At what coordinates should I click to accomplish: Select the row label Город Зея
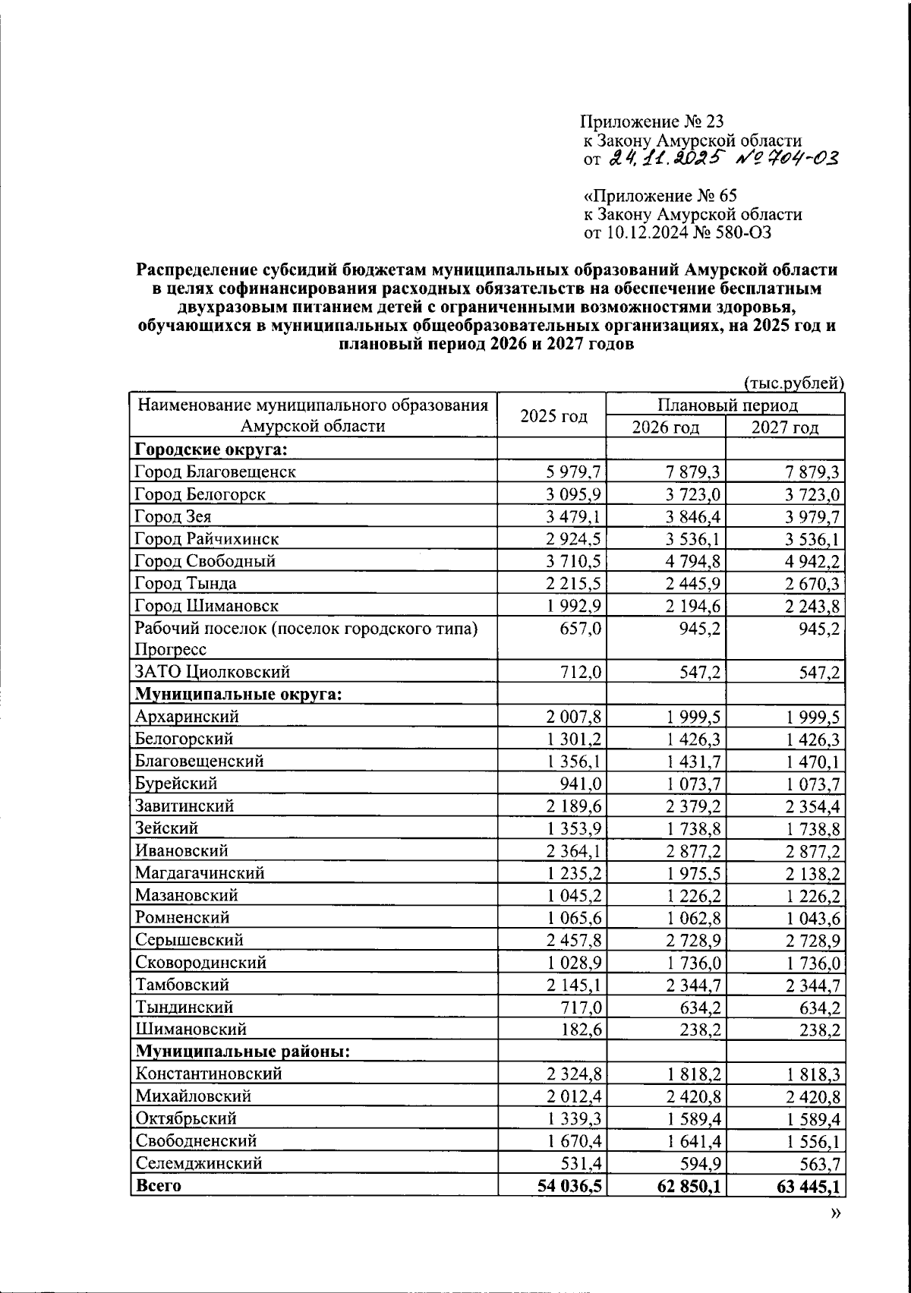pyautogui.click(x=172, y=517)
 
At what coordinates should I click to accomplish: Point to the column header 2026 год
pyautogui.click(x=665, y=427)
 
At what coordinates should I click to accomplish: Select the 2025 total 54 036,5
pyautogui.click(x=569, y=1185)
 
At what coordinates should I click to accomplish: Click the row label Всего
pyautogui.click(x=158, y=1185)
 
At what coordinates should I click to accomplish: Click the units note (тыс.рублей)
pyautogui.click(x=793, y=383)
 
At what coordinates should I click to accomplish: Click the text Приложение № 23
pyautogui.click(x=652, y=121)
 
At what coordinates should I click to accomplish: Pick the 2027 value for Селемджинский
pyautogui.click(x=814, y=1163)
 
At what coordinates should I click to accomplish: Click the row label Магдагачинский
pyautogui.click(x=200, y=873)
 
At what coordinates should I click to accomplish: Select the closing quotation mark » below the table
pyautogui.click(x=835, y=1214)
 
